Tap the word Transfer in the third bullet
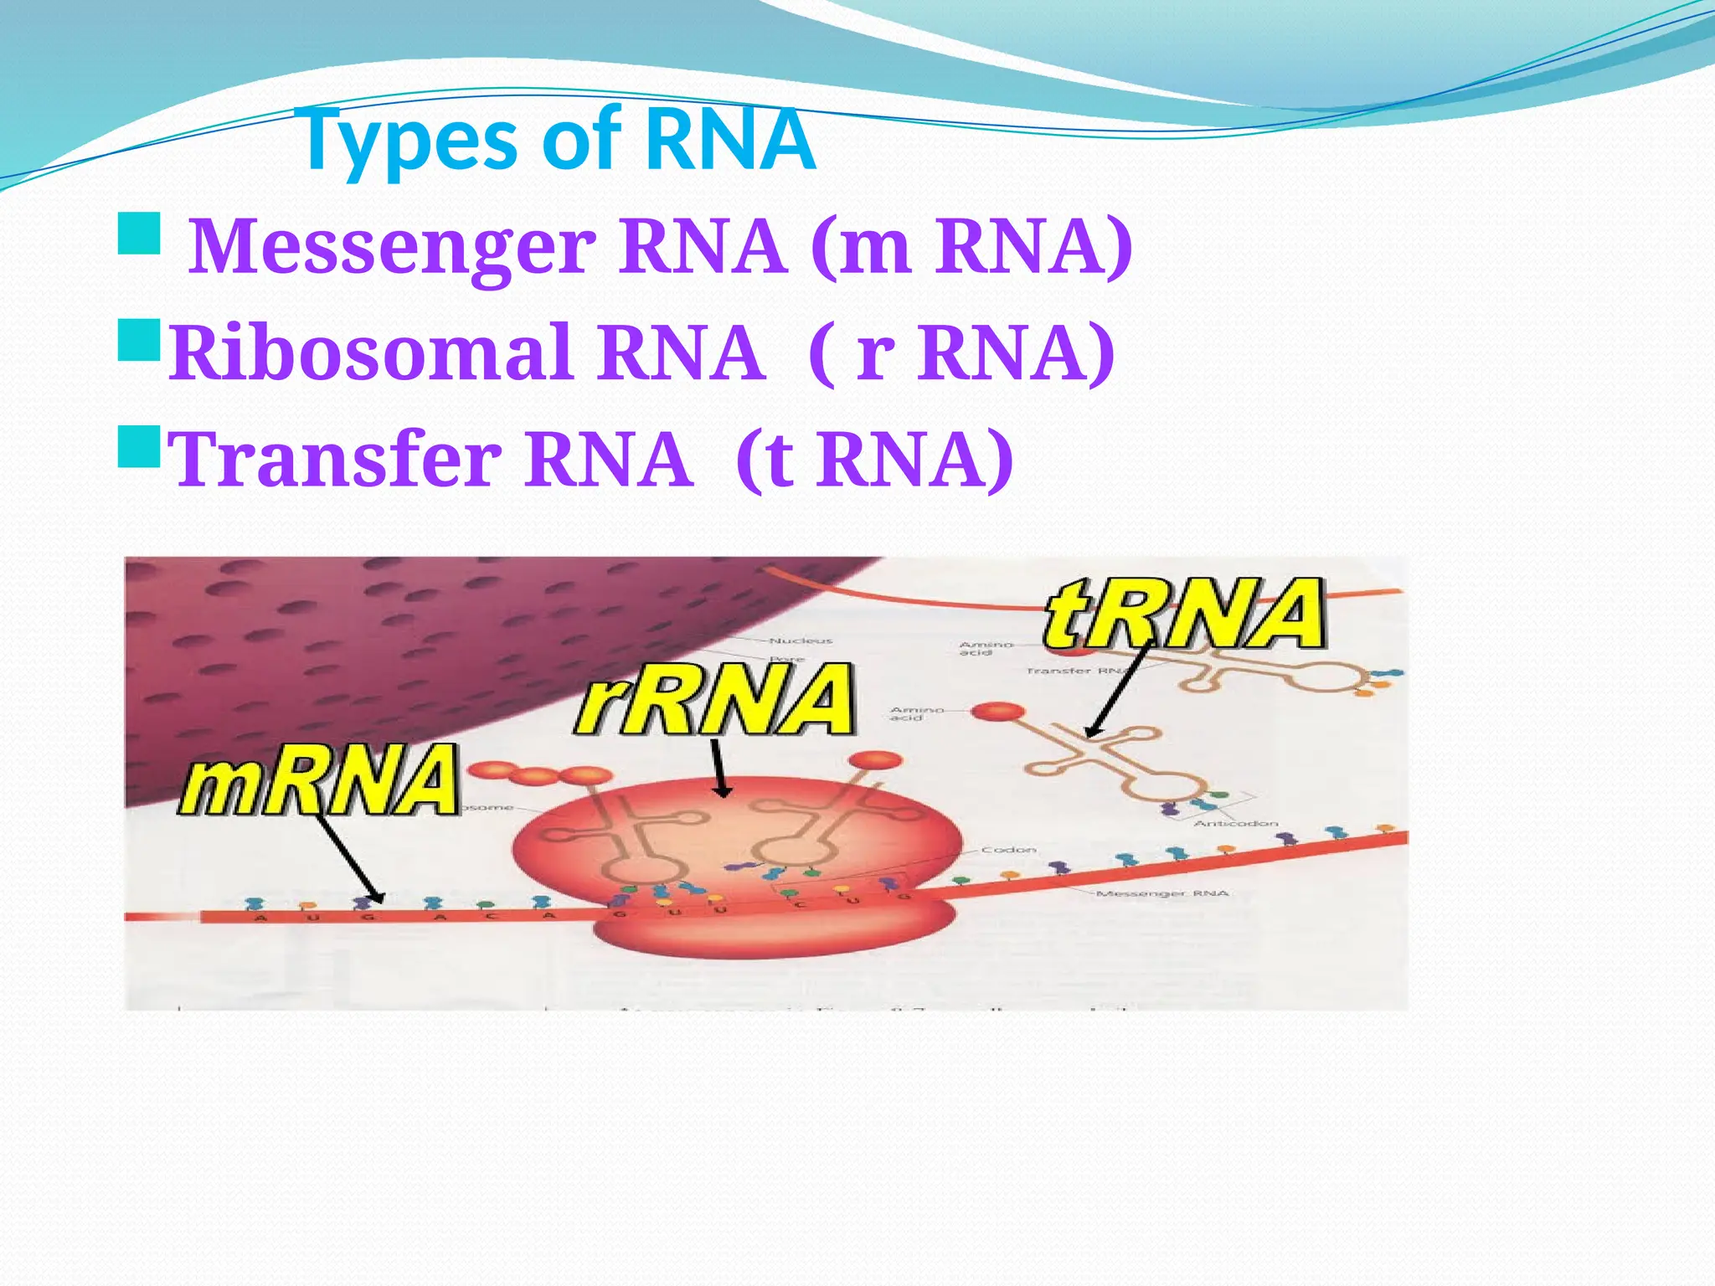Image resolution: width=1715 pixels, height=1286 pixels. pyautogui.click(x=335, y=459)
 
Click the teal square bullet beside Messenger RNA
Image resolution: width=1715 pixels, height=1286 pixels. pyautogui.click(x=139, y=234)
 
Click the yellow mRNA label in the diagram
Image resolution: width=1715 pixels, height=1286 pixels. pyautogui.click(x=319, y=780)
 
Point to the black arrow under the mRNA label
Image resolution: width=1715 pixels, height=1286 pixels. pyautogui.click(x=349, y=858)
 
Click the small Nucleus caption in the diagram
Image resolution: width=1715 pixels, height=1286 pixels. pyautogui.click(x=801, y=640)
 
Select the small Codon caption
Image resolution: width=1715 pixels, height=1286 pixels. pyautogui.click(x=1009, y=849)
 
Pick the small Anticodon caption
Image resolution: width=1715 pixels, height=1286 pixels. pyautogui.click(x=1235, y=823)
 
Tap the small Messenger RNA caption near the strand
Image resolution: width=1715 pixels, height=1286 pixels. pyautogui.click(x=1162, y=893)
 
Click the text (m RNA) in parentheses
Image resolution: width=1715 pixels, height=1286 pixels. pyautogui.click(x=971, y=246)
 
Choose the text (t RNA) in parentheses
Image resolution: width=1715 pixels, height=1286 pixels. pyautogui.click(x=874, y=459)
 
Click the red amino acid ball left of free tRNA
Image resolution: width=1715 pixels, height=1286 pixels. pyautogui.click(x=998, y=712)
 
